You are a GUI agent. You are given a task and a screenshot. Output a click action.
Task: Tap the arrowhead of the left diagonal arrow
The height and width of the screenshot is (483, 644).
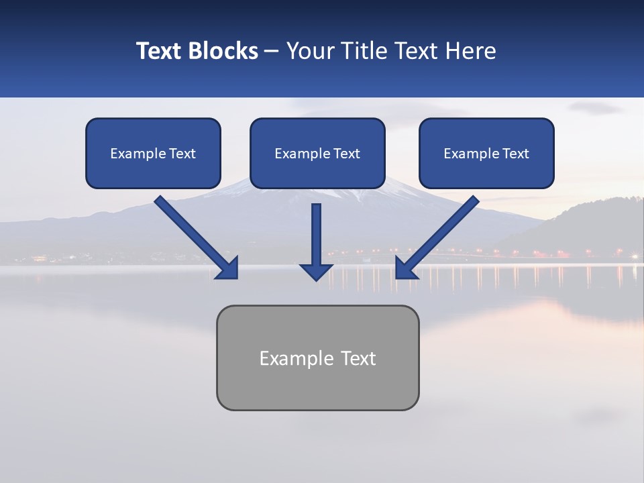pyautogui.click(x=228, y=268)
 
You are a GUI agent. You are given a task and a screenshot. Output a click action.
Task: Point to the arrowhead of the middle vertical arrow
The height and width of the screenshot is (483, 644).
pyautogui.click(x=316, y=271)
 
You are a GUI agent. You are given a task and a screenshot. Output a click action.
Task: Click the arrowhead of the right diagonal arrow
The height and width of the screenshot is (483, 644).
pyautogui.click(x=405, y=268)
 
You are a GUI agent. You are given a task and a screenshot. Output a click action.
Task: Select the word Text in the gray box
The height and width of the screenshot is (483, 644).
pyautogui.click(x=358, y=359)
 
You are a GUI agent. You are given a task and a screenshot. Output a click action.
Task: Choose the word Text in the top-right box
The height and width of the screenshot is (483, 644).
pyautogui.click(x=515, y=154)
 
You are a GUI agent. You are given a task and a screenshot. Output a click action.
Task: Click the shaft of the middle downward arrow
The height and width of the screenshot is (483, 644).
pyautogui.click(x=316, y=231)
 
